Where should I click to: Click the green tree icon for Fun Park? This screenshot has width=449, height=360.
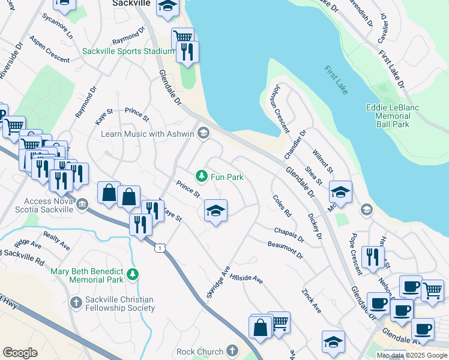pos(202,176)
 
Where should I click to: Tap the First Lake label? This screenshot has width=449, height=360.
pos(336,80)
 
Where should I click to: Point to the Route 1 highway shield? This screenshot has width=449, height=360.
pos(159,247)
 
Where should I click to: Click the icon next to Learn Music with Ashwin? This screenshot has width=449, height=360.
pos(203,133)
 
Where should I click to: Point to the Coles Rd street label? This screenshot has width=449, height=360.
pos(282,206)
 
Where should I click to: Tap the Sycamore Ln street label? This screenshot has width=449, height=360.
pos(58,27)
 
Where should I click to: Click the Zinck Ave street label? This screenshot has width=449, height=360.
pos(312,300)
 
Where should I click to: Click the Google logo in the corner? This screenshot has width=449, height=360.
pos(20,353)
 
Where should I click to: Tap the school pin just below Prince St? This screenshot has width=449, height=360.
pos(215,211)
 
